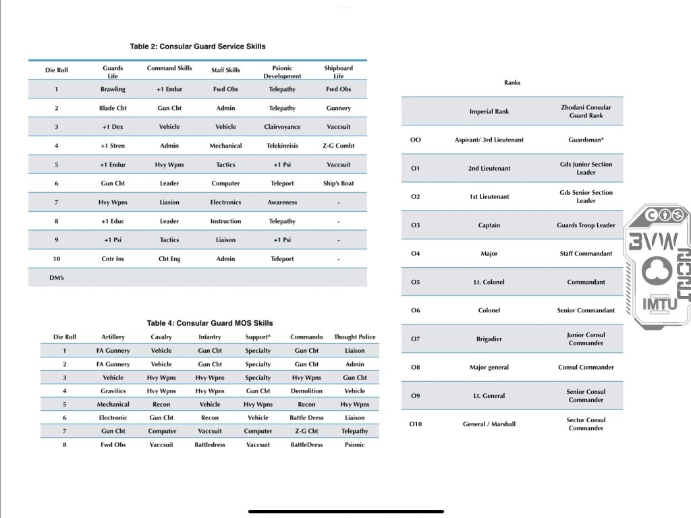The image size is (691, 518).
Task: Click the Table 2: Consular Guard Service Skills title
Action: click(x=198, y=47)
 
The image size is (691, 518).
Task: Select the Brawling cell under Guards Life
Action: click(x=113, y=89)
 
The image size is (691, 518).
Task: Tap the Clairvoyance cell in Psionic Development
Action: click(x=282, y=127)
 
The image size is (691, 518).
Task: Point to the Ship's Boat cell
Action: click(x=338, y=183)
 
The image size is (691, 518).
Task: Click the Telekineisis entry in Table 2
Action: click(x=282, y=146)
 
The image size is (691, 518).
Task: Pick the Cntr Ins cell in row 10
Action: click(x=113, y=259)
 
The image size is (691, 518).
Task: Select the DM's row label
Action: click(x=57, y=278)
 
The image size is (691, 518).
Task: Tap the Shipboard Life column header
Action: click(x=338, y=71)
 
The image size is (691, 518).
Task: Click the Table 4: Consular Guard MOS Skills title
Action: click(x=210, y=323)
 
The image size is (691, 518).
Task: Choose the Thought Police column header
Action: click(x=354, y=337)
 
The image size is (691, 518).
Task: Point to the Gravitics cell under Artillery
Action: click(x=113, y=391)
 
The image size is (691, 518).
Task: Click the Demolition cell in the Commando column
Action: click(x=306, y=391)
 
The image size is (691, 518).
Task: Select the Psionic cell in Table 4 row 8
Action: click(x=354, y=445)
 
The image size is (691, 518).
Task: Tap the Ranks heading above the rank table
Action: click(x=512, y=83)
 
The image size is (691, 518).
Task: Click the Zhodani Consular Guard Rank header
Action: click(x=586, y=111)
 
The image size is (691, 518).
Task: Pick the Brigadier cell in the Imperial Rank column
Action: click(x=489, y=339)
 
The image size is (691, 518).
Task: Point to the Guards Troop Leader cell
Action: click(x=586, y=225)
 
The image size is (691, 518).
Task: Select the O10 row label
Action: click(x=416, y=424)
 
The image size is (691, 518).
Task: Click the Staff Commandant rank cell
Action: click(x=586, y=254)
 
